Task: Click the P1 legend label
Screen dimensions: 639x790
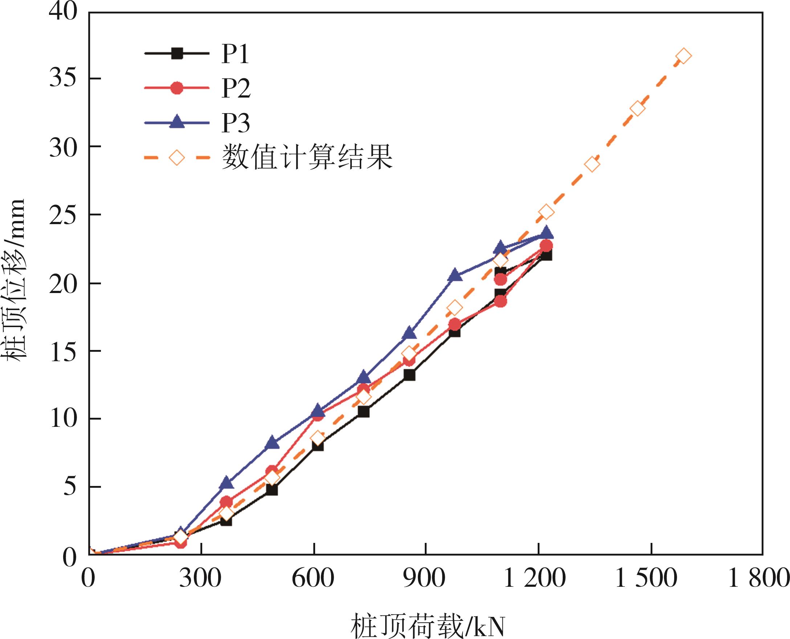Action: tap(235, 55)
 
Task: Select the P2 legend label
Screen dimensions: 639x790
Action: tap(236, 89)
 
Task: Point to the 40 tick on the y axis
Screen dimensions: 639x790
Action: tap(63, 12)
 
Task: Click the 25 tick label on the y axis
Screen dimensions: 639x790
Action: tap(63, 215)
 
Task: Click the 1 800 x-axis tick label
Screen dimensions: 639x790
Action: tap(759, 578)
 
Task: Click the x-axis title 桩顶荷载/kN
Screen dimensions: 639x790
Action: tap(427, 625)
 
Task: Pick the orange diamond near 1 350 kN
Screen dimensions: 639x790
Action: tap(592, 164)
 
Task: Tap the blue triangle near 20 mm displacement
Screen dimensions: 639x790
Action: tap(455, 275)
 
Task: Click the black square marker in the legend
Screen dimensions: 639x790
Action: tap(177, 54)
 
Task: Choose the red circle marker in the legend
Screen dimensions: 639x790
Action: tap(177, 88)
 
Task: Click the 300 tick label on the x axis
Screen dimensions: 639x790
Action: tap(201, 578)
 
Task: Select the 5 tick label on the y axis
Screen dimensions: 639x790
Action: tap(69, 487)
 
